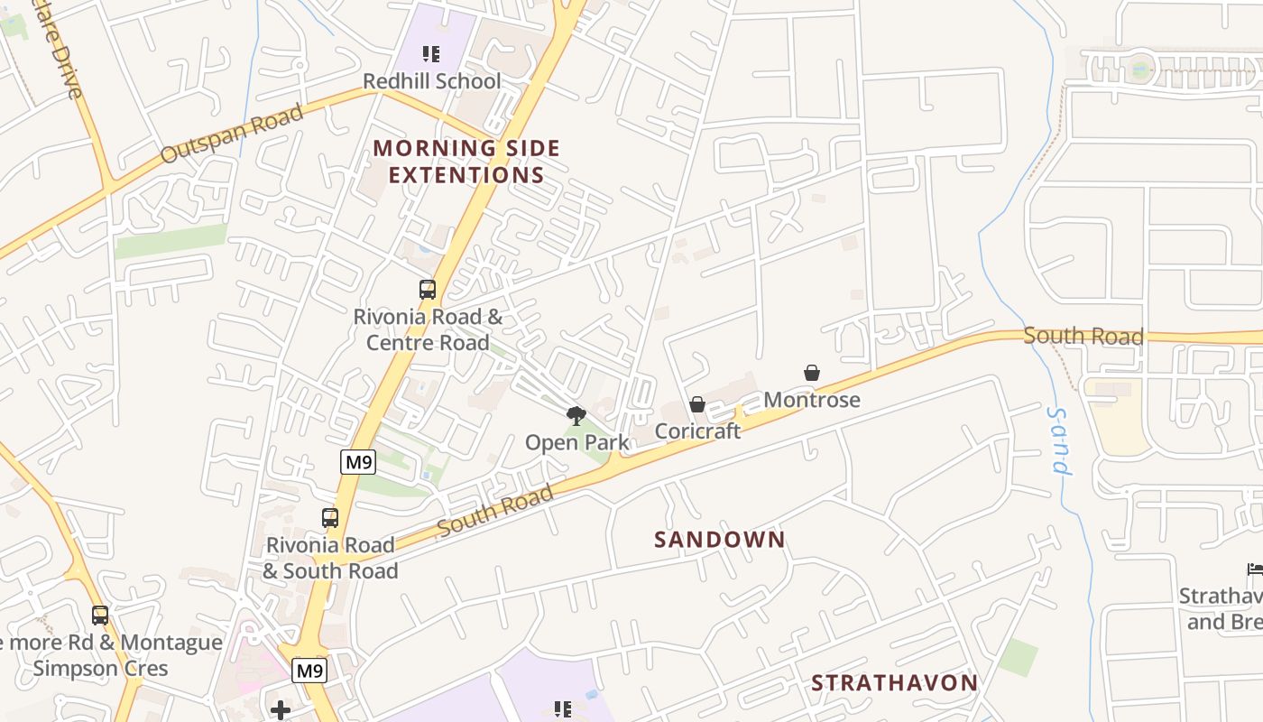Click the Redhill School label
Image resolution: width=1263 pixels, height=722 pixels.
click(431, 81)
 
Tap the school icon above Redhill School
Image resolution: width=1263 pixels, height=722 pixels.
click(431, 54)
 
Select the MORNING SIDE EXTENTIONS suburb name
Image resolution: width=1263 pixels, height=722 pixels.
click(466, 162)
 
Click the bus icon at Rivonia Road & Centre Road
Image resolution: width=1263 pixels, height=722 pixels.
click(428, 290)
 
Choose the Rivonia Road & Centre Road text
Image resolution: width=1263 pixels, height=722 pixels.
click(428, 329)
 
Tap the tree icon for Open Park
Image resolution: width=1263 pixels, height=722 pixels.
click(576, 416)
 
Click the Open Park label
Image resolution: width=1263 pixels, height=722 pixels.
click(576, 442)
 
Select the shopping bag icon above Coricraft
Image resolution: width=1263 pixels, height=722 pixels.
click(697, 404)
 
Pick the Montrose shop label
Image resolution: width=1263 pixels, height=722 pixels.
click(811, 400)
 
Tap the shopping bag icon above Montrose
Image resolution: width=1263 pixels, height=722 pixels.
click(812, 373)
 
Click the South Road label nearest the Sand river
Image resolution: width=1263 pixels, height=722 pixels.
click(1083, 337)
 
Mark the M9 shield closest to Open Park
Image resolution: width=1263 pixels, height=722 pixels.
click(358, 463)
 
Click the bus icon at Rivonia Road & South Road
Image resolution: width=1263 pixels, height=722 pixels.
click(330, 518)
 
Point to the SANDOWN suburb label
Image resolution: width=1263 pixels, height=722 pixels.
click(719, 540)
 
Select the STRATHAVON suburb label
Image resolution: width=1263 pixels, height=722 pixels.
click(894, 683)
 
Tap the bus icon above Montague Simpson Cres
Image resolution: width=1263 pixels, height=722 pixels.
click(100, 616)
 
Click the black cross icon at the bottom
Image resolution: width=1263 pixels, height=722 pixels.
click(281, 710)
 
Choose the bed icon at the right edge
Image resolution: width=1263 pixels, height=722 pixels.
click(1254, 569)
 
